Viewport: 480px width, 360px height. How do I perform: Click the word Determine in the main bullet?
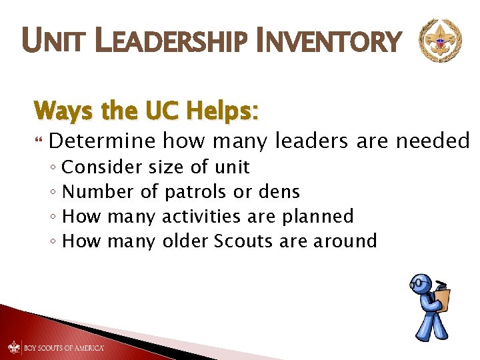102,141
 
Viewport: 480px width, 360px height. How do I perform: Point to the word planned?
318,217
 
